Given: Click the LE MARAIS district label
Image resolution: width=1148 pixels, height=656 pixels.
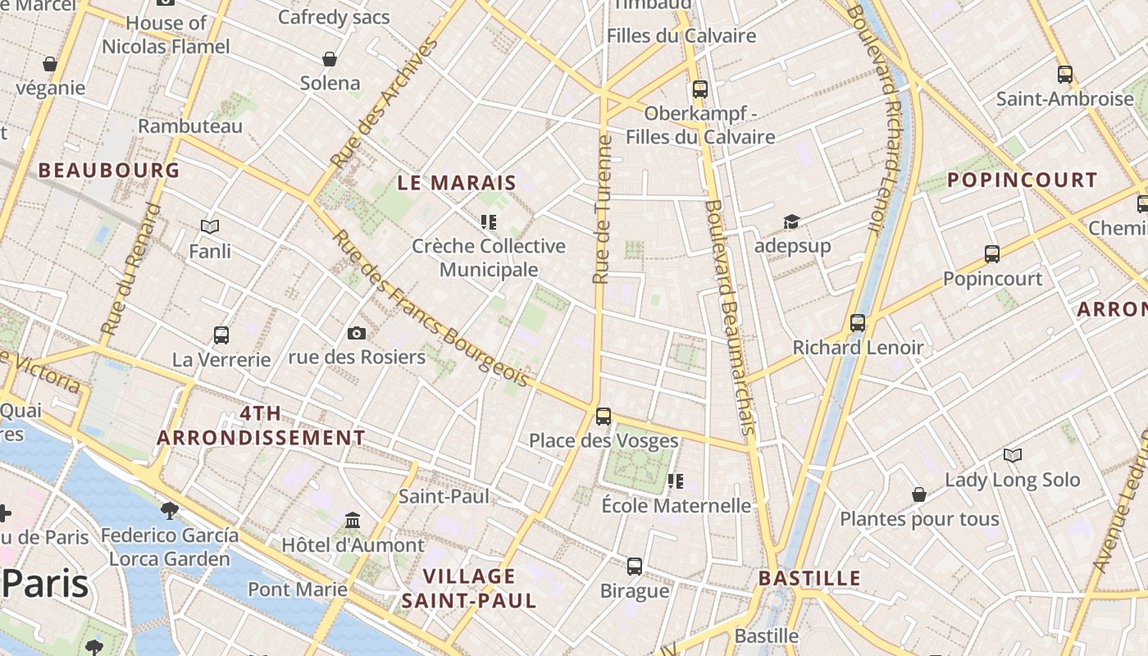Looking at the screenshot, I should [x=457, y=183].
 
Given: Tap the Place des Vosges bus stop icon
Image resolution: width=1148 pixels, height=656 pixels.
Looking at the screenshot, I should [x=604, y=416].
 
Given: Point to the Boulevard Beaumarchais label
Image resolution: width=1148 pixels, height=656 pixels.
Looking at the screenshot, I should [x=729, y=317].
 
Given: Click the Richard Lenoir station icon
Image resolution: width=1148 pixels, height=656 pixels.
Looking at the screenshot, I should [x=858, y=323].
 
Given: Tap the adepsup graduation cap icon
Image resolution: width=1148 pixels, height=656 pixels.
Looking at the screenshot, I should [x=791, y=221].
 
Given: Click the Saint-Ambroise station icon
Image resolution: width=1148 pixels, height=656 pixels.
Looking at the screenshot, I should [x=1064, y=75].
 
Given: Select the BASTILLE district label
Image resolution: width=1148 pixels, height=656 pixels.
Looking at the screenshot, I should [x=809, y=578].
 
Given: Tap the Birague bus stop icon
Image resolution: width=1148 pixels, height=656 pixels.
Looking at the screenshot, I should [x=635, y=566].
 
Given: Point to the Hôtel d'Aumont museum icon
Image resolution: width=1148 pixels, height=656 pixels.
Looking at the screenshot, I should [x=353, y=520].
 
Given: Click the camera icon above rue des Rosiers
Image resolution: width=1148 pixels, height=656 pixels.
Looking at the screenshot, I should [x=356, y=332].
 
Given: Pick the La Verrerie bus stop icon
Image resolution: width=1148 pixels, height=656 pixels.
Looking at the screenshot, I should [x=221, y=335].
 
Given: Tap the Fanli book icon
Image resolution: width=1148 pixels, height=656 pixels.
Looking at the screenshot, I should [x=210, y=226].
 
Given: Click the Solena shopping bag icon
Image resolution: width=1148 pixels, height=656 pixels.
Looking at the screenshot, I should [x=330, y=59].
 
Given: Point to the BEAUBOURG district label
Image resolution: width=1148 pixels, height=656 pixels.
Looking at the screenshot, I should [x=109, y=171].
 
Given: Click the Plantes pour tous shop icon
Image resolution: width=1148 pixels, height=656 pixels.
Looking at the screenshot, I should [x=919, y=494].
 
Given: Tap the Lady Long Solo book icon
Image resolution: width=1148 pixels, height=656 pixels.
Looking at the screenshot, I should [x=1013, y=455].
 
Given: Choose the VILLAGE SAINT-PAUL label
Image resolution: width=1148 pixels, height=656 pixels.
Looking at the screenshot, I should [x=469, y=588].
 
